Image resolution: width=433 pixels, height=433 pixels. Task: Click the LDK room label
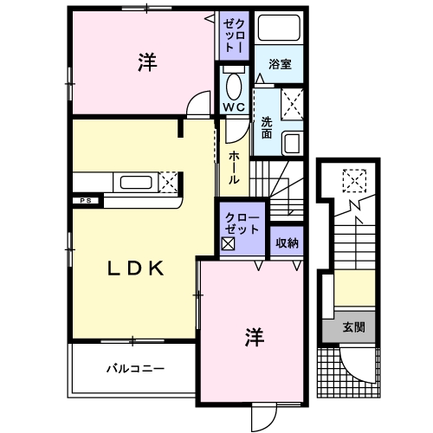coord(135,268)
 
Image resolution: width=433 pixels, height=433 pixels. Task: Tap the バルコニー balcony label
coord(135,368)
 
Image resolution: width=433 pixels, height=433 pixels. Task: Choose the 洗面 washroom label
coord(266,128)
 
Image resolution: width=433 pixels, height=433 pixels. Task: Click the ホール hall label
coord(235,167)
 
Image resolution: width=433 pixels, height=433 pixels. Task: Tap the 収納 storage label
coord(287,243)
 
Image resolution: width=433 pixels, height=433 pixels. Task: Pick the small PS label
coord(86,201)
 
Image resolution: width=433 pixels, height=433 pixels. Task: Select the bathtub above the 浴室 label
coord(279,32)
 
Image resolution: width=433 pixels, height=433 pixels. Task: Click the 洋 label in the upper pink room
coord(145,62)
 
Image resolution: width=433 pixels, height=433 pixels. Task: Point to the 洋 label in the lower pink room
coord(253,335)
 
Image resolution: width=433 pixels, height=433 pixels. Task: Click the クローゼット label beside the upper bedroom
coord(234,35)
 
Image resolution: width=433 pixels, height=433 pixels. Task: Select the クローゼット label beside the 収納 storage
coord(242,223)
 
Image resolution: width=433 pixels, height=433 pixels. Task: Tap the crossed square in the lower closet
coord(228,243)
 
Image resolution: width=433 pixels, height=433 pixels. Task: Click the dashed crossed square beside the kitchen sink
coord(169,181)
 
